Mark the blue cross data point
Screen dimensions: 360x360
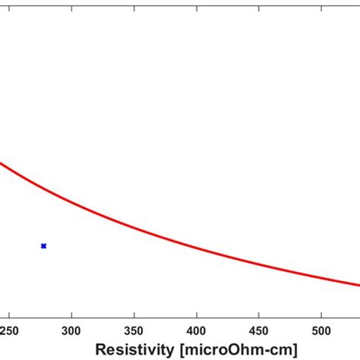point(43,246)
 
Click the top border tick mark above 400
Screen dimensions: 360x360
point(197,3)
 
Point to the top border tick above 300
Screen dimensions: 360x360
point(71,3)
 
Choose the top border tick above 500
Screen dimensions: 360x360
point(321,3)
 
